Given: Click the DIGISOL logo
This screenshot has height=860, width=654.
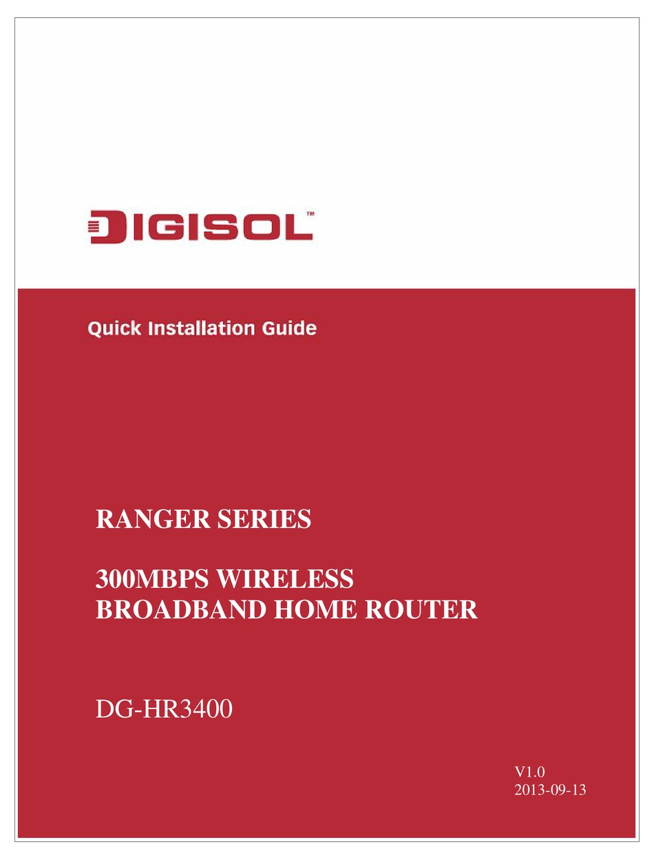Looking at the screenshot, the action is [200, 227].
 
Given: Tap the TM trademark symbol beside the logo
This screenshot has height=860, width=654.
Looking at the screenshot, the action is [310, 214].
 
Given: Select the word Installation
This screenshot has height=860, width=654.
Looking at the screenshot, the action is [202, 328].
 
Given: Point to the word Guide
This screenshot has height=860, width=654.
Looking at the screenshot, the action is [289, 328].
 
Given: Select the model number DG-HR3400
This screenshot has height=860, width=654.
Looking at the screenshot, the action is [164, 709].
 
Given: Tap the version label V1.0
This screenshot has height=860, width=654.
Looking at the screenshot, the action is [529, 772].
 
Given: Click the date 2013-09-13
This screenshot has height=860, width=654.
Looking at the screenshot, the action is [550, 790].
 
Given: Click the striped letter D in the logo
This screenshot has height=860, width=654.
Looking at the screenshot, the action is [107, 227].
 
